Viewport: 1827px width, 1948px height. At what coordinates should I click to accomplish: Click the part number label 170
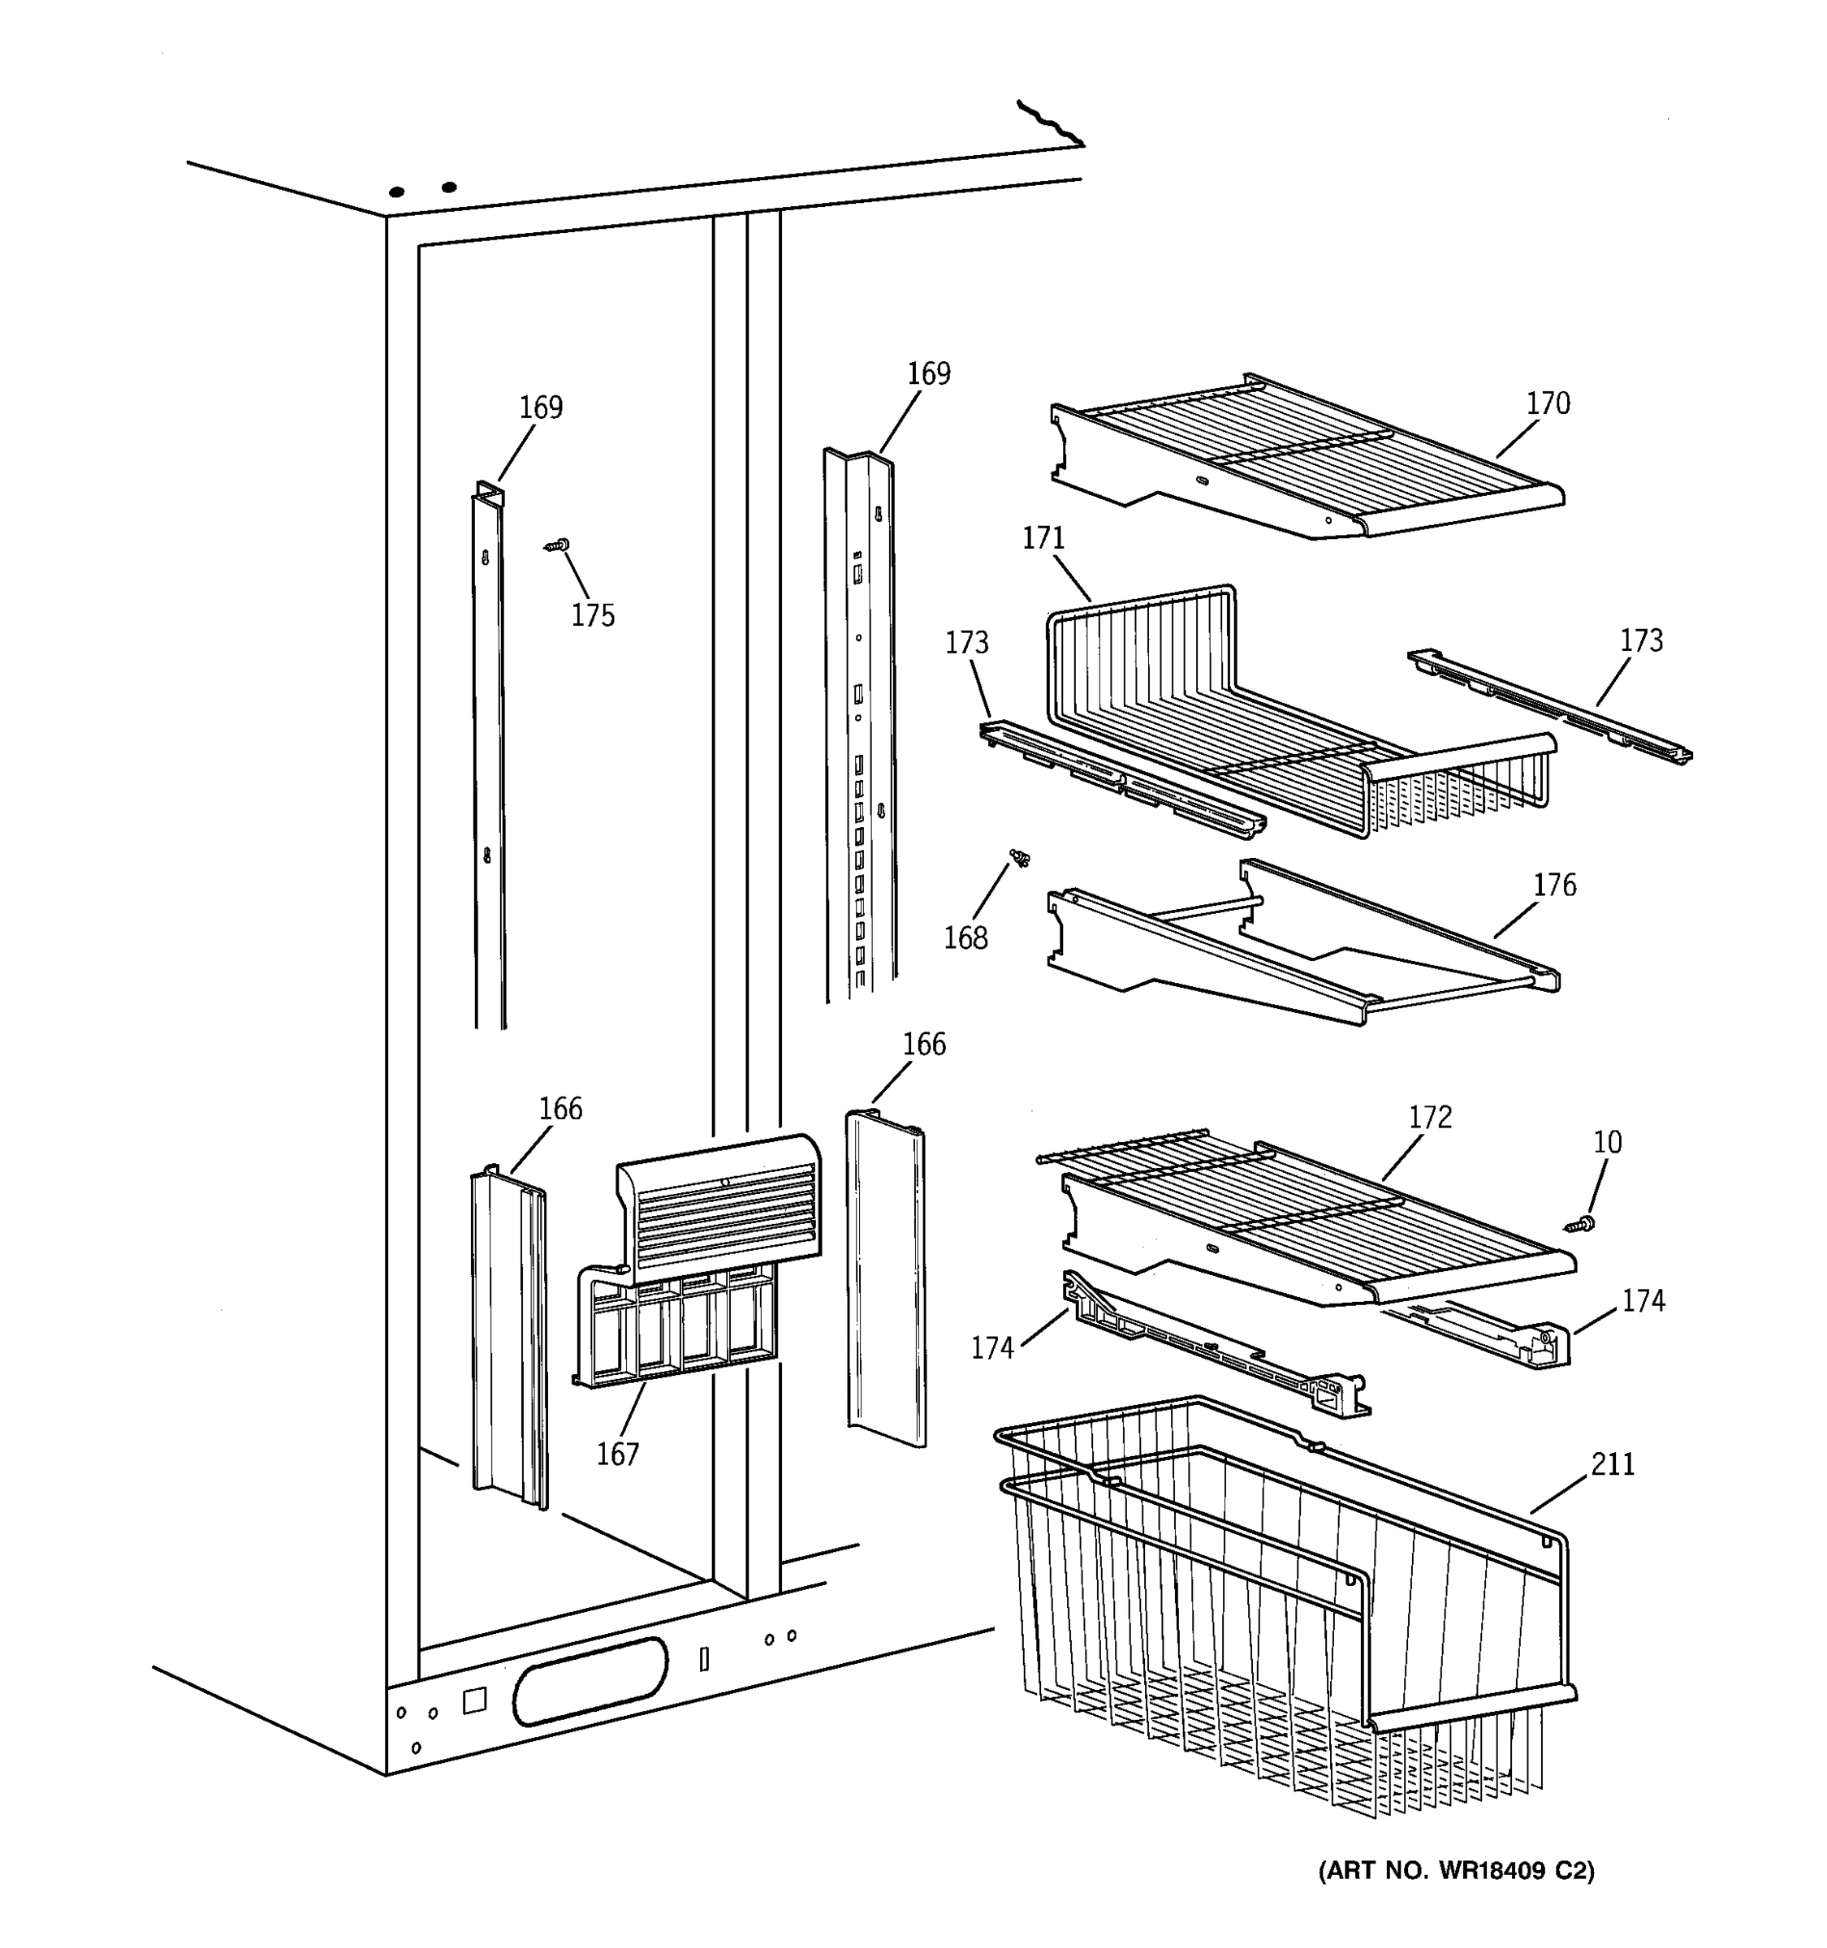click(x=1547, y=403)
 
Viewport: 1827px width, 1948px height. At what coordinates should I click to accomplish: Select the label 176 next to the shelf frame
click(x=1554, y=885)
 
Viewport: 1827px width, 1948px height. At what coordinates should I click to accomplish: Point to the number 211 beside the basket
click(x=1613, y=1464)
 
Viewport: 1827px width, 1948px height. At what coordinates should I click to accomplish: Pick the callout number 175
click(x=593, y=615)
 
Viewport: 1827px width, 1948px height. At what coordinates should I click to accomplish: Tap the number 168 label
click(x=965, y=937)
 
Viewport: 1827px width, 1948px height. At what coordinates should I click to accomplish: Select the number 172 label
click(x=1430, y=1117)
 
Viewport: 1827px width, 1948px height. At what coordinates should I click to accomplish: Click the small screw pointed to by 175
click(x=559, y=545)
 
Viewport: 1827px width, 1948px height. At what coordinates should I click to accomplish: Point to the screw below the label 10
click(x=1580, y=1224)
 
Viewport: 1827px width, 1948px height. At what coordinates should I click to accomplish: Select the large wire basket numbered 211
click(x=1274, y=1607)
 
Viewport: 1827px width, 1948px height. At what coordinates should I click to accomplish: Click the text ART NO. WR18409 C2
click(x=1457, y=1871)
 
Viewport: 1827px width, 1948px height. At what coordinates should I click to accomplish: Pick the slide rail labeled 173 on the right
click(x=1548, y=705)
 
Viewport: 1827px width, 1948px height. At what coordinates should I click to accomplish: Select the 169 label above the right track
click(x=928, y=373)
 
